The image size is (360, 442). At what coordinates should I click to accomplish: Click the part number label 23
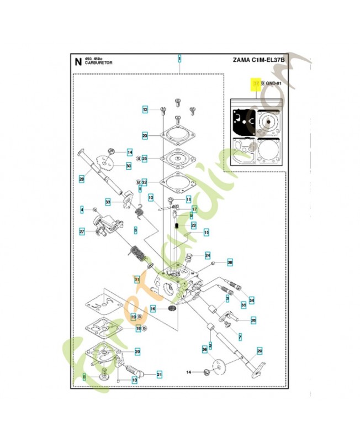(x=145, y=135)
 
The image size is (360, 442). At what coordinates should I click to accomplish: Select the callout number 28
(x=81, y=178)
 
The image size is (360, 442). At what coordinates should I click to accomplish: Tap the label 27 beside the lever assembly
(x=81, y=231)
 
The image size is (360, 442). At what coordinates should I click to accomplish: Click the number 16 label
(x=154, y=308)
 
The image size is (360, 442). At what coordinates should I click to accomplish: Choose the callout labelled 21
(x=160, y=374)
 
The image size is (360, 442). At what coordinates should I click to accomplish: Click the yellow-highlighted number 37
(x=255, y=83)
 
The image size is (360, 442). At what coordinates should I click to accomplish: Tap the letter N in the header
(x=77, y=61)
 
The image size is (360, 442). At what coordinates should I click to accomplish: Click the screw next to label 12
(x=164, y=109)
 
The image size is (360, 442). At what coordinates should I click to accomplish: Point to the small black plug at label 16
(x=171, y=307)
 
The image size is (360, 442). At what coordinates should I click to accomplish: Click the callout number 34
(x=252, y=301)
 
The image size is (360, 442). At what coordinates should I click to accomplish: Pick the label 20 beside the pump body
(x=137, y=351)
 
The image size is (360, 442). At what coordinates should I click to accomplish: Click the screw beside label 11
(x=172, y=198)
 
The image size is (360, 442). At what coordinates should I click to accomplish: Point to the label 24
(x=208, y=255)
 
